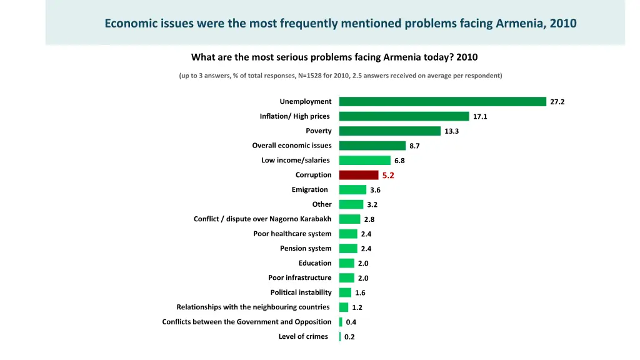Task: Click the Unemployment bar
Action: point(442,101)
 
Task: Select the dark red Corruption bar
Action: point(359,175)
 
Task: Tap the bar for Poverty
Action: point(390,131)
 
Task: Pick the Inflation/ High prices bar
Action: point(404,116)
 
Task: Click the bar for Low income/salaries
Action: point(365,161)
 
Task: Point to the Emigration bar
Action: point(352,190)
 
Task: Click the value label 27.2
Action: point(557,102)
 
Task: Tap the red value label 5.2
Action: point(388,176)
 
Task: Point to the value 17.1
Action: point(480,117)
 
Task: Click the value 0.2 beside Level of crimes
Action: point(349,337)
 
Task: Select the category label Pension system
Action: point(306,249)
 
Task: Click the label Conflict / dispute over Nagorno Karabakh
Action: point(262,219)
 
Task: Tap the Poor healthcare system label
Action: point(292,234)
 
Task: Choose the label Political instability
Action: point(301,292)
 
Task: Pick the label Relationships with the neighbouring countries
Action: point(252,307)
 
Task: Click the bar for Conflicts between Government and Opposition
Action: point(341,322)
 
